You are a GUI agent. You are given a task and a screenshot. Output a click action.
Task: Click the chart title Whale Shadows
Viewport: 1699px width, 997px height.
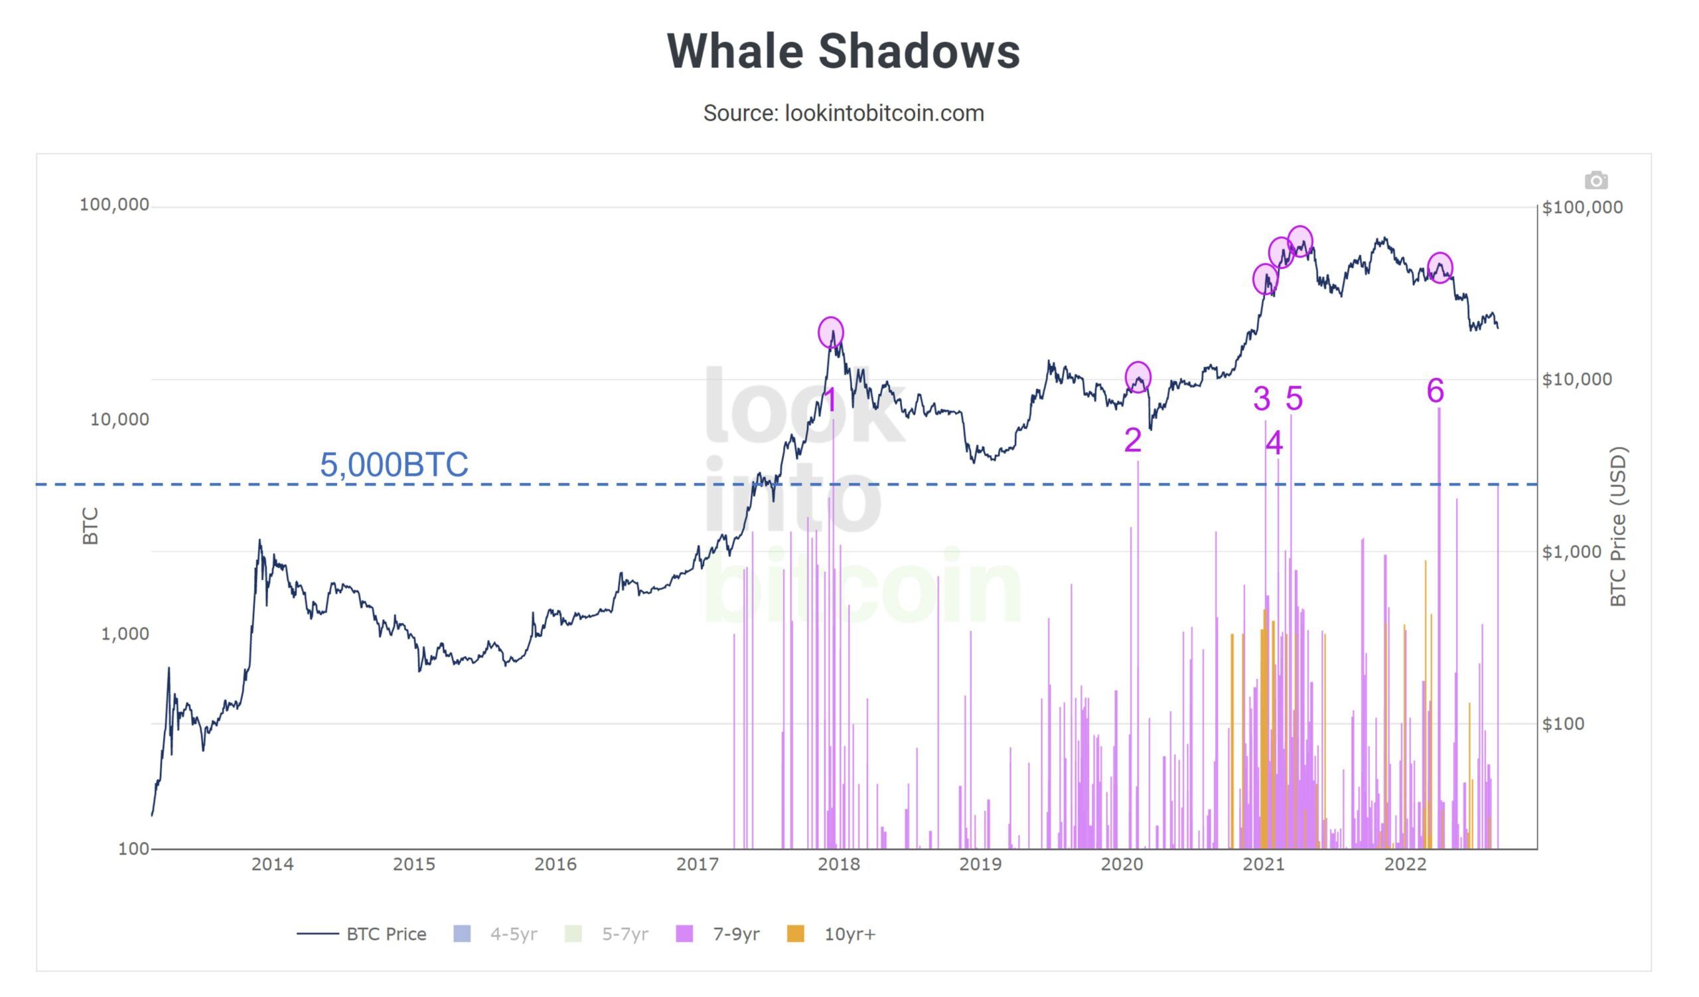click(x=843, y=51)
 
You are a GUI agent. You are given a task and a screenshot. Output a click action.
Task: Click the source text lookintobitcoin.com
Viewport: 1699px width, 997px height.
click(x=843, y=114)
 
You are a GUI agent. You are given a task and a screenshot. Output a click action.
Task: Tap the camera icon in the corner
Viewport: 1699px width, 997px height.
click(x=1595, y=181)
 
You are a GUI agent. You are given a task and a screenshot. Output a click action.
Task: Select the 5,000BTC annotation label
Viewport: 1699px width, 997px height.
click(x=394, y=465)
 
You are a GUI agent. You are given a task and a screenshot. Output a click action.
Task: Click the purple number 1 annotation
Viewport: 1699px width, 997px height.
click(x=831, y=400)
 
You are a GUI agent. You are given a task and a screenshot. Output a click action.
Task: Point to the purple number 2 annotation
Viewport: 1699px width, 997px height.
click(x=1133, y=441)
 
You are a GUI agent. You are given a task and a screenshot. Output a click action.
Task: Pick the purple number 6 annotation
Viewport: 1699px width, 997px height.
click(x=1436, y=391)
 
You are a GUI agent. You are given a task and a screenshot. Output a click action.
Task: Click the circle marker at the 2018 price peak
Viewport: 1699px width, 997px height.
click(x=831, y=333)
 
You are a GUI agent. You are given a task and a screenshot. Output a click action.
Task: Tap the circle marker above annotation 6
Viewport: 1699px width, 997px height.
click(x=1440, y=268)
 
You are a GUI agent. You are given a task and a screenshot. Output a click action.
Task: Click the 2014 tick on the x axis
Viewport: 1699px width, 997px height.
click(x=272, y=865)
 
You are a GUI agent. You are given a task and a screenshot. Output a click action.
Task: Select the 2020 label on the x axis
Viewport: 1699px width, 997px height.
click(x=1122, y=865)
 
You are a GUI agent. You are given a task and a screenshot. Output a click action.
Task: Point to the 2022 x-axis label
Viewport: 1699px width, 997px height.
click(x=1405, y=865)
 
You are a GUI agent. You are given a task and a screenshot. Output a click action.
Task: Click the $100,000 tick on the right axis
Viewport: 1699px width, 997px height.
click(x=1582, y=208)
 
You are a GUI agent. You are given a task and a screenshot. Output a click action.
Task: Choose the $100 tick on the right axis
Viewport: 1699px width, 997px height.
click(x=1563, y=725)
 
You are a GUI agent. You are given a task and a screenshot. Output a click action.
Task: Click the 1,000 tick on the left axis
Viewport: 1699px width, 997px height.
click(x=125, y=634)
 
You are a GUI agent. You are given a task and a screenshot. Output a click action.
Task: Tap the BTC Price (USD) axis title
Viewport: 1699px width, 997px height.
click(x=1618, y=527)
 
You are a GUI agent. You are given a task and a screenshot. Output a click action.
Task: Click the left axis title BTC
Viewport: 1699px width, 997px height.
click(x=90, y=527)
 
